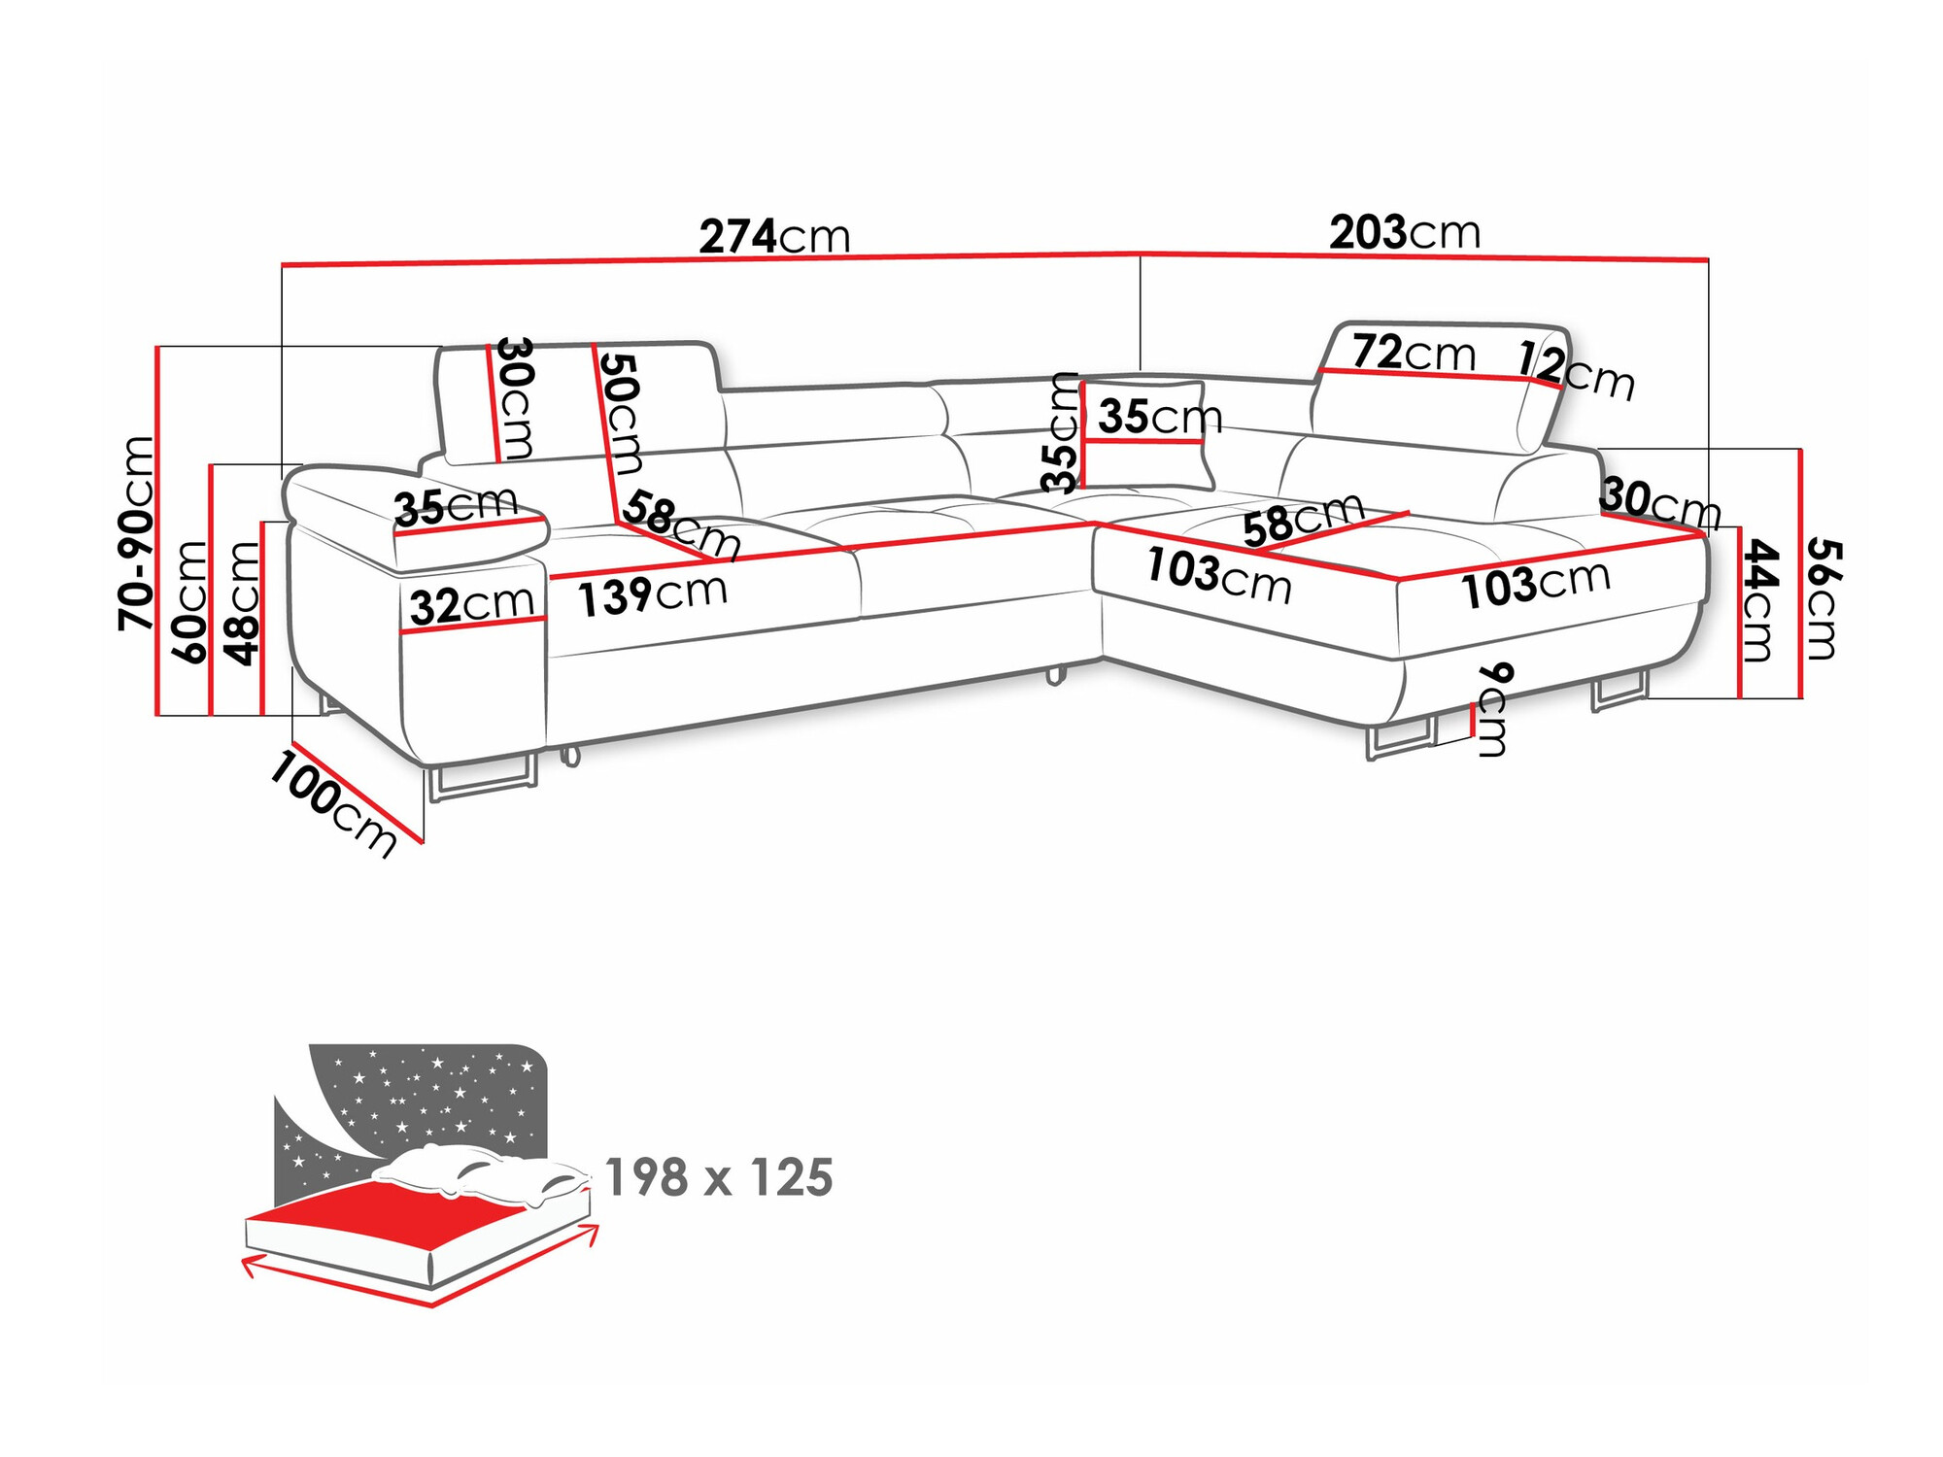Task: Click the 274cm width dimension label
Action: pyautogui.click(x=774, y=236)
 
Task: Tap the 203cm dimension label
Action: pyautogui.click(x=1404, y=233)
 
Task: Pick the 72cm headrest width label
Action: pyautogui.click(x=1413, y=353)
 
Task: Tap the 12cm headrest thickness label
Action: pyautogui.click(x=1576, y=370)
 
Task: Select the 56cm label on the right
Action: pyautogui.click(x=1822, y=598)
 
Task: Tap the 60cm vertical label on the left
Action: pyautogui.click(x=189, y=601)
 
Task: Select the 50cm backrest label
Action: pyautogui.click(x=620, y=413)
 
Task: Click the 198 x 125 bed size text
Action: pyautogui.click(x=718, y=1177)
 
